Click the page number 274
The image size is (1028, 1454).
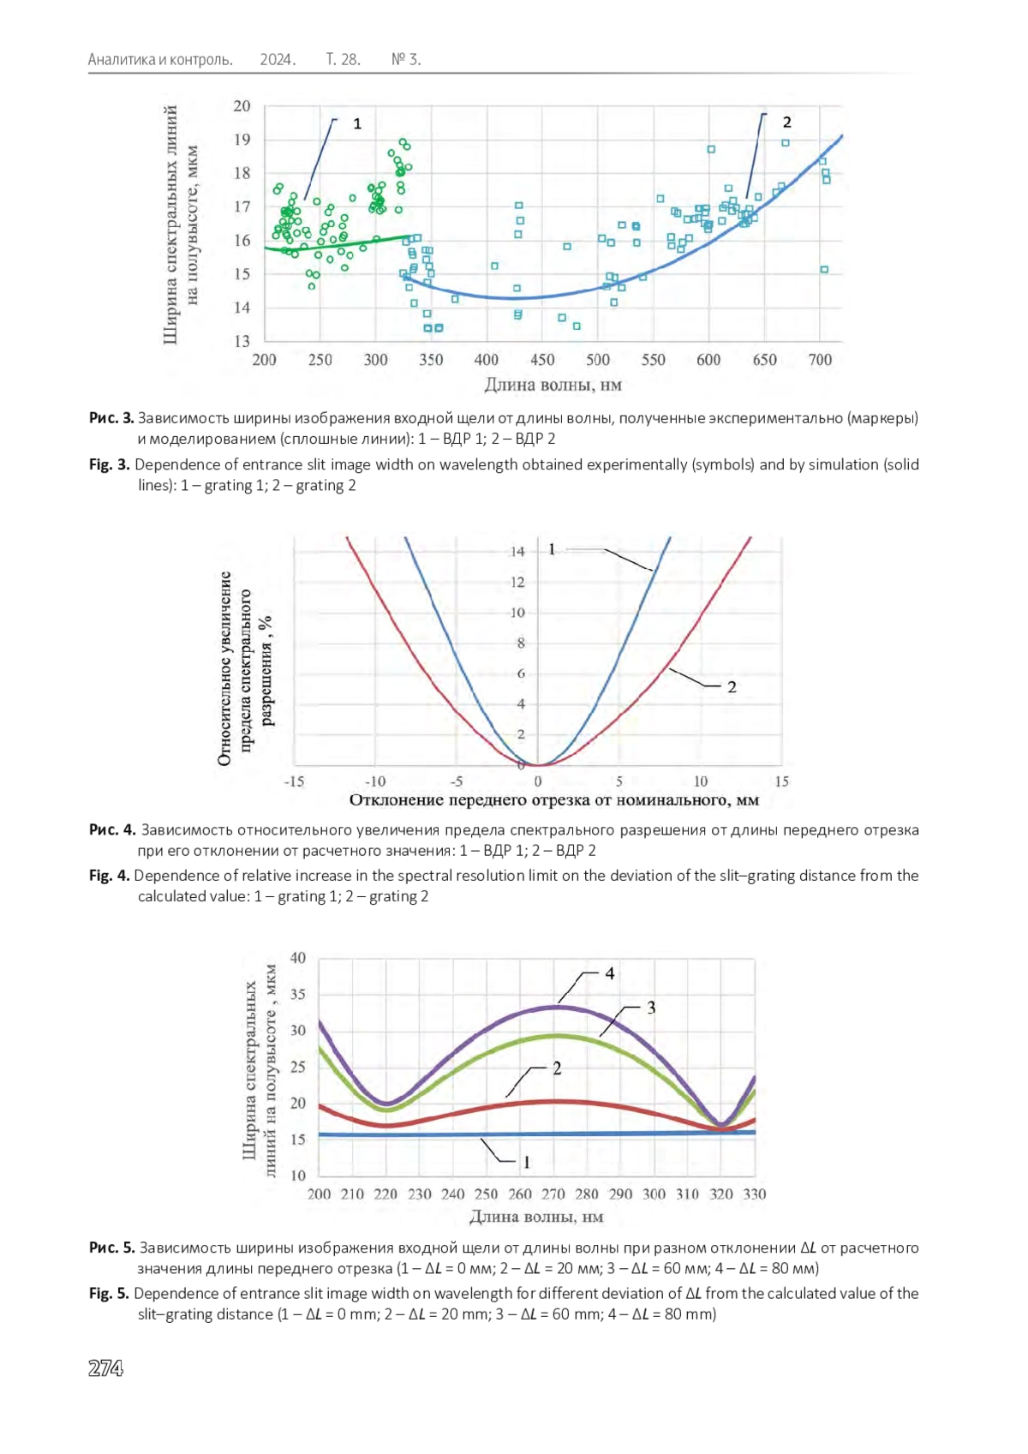click(105, 1368)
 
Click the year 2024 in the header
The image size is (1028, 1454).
click(278, 60)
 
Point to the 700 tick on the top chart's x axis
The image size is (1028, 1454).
click(820, 360)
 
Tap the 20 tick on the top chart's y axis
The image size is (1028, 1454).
click(242, 105)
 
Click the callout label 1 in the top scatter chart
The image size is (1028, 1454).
click(357, 123)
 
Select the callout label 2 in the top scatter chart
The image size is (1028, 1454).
click(787, 122)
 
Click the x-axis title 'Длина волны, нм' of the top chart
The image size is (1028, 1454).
click(553, 385)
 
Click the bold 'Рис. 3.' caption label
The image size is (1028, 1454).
click(111, 418)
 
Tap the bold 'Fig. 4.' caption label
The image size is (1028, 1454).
click(110, 875)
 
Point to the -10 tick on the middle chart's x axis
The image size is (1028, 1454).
click(375, 781)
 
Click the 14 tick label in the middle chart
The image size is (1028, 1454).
click(517, 552)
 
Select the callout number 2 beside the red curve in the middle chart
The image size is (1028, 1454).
click(732, 687)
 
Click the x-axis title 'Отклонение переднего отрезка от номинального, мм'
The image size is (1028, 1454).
click(554, 799)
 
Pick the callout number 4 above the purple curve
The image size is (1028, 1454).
click(609, 973)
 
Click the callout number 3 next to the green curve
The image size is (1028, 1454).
click(651, 1008)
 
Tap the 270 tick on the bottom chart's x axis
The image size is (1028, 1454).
click(553, 1194)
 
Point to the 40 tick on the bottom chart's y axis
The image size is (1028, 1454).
click(297, 958)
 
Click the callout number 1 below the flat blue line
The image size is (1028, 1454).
click(526, 1162)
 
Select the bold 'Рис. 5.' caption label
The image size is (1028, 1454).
click(112, 1248)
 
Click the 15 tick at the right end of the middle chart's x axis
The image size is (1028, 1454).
click(781, 781)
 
